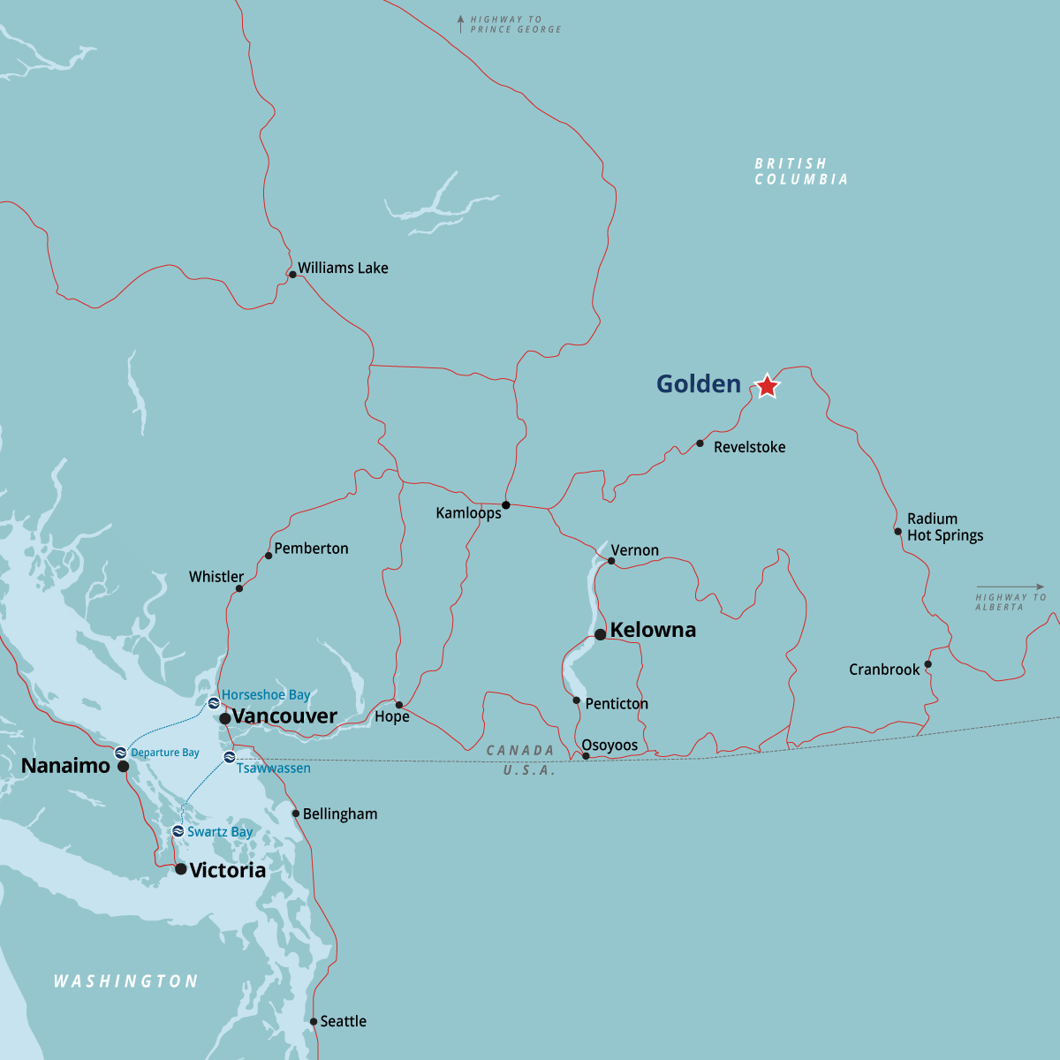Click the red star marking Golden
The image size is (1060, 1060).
point(768,386)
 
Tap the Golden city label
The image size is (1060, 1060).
point(698,384)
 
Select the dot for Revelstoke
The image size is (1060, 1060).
point(700,443)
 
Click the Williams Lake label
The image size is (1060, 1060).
point(343,268)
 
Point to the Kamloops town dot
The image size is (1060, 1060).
point(506,505)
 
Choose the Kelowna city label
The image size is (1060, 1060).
point(653,630)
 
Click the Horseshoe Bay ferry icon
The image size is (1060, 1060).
point(214,703)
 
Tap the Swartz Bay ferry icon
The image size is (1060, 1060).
point(178,831)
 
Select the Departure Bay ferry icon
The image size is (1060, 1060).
point(121,753)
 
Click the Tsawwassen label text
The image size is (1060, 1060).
point(273,768)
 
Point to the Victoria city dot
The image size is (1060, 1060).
point(181,869)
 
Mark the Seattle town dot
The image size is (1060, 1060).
point(314,1022)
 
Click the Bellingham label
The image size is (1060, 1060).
point(340,814)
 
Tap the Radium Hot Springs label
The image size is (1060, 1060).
point(944,526)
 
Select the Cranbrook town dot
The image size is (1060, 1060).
point(927,664)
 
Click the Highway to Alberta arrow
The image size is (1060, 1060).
point(1010,587)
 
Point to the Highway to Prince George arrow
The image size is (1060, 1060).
point(460,24)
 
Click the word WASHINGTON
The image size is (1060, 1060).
point(125,980)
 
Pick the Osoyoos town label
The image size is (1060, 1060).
point(609,745)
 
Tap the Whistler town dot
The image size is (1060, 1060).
point(238,588)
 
